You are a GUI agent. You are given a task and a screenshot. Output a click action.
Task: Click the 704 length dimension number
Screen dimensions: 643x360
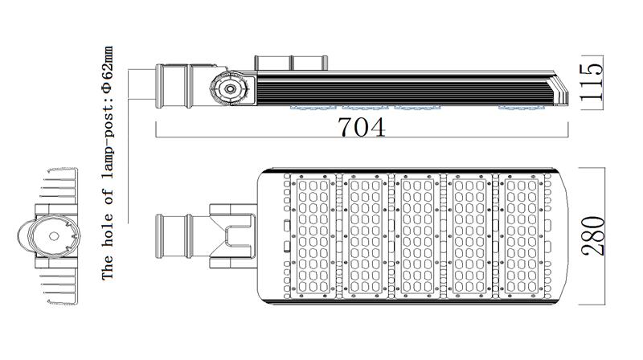pos(362,127)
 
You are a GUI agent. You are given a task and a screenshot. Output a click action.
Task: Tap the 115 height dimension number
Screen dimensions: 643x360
pos(592,82)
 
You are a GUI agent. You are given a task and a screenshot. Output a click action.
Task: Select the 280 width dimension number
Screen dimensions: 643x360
pos(593,235)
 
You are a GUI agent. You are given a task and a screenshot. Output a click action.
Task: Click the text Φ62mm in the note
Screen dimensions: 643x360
pos(108,72)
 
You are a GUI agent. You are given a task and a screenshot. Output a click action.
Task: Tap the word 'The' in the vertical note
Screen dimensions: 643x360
pos(108,268)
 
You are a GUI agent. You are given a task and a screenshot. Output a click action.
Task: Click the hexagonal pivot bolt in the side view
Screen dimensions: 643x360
pos(230,88)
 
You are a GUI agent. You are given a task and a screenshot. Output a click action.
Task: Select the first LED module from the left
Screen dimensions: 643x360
pos(313,235)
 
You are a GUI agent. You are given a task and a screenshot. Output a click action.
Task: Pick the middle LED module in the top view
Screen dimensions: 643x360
pos(417,235)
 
